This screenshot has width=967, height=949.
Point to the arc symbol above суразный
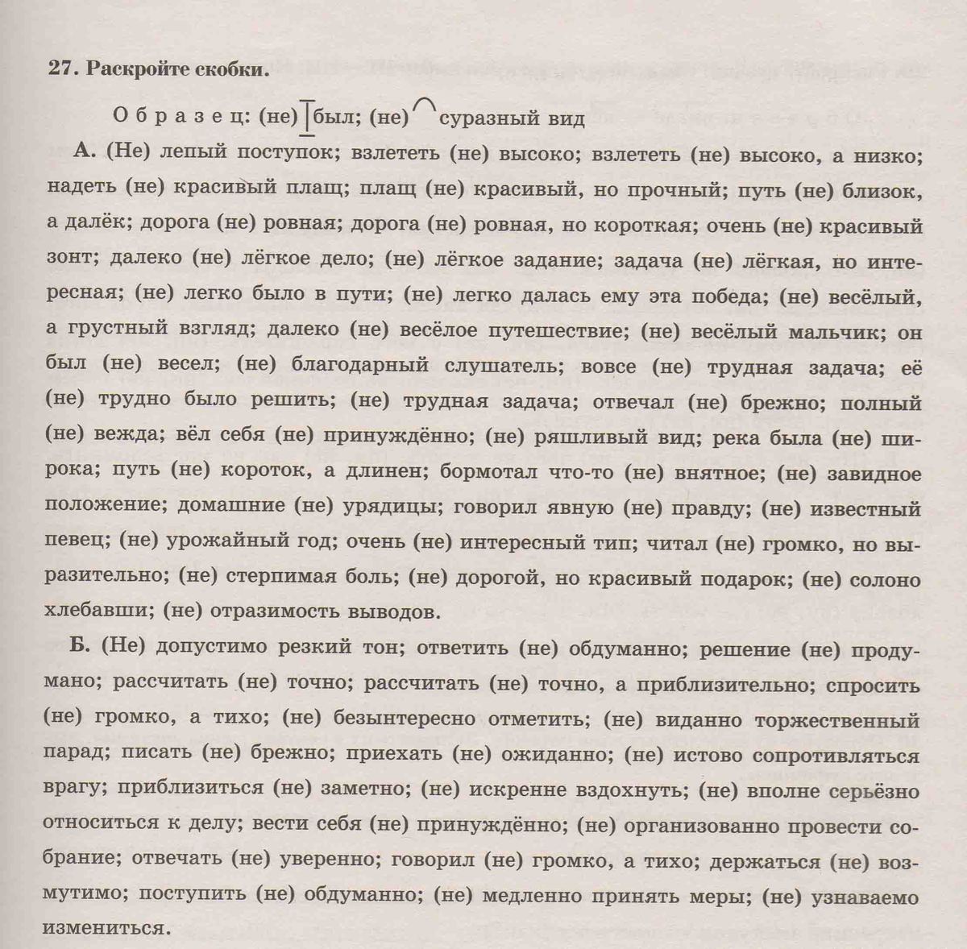click(x=425, y=105)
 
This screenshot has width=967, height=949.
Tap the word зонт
click(x=72, y=261)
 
